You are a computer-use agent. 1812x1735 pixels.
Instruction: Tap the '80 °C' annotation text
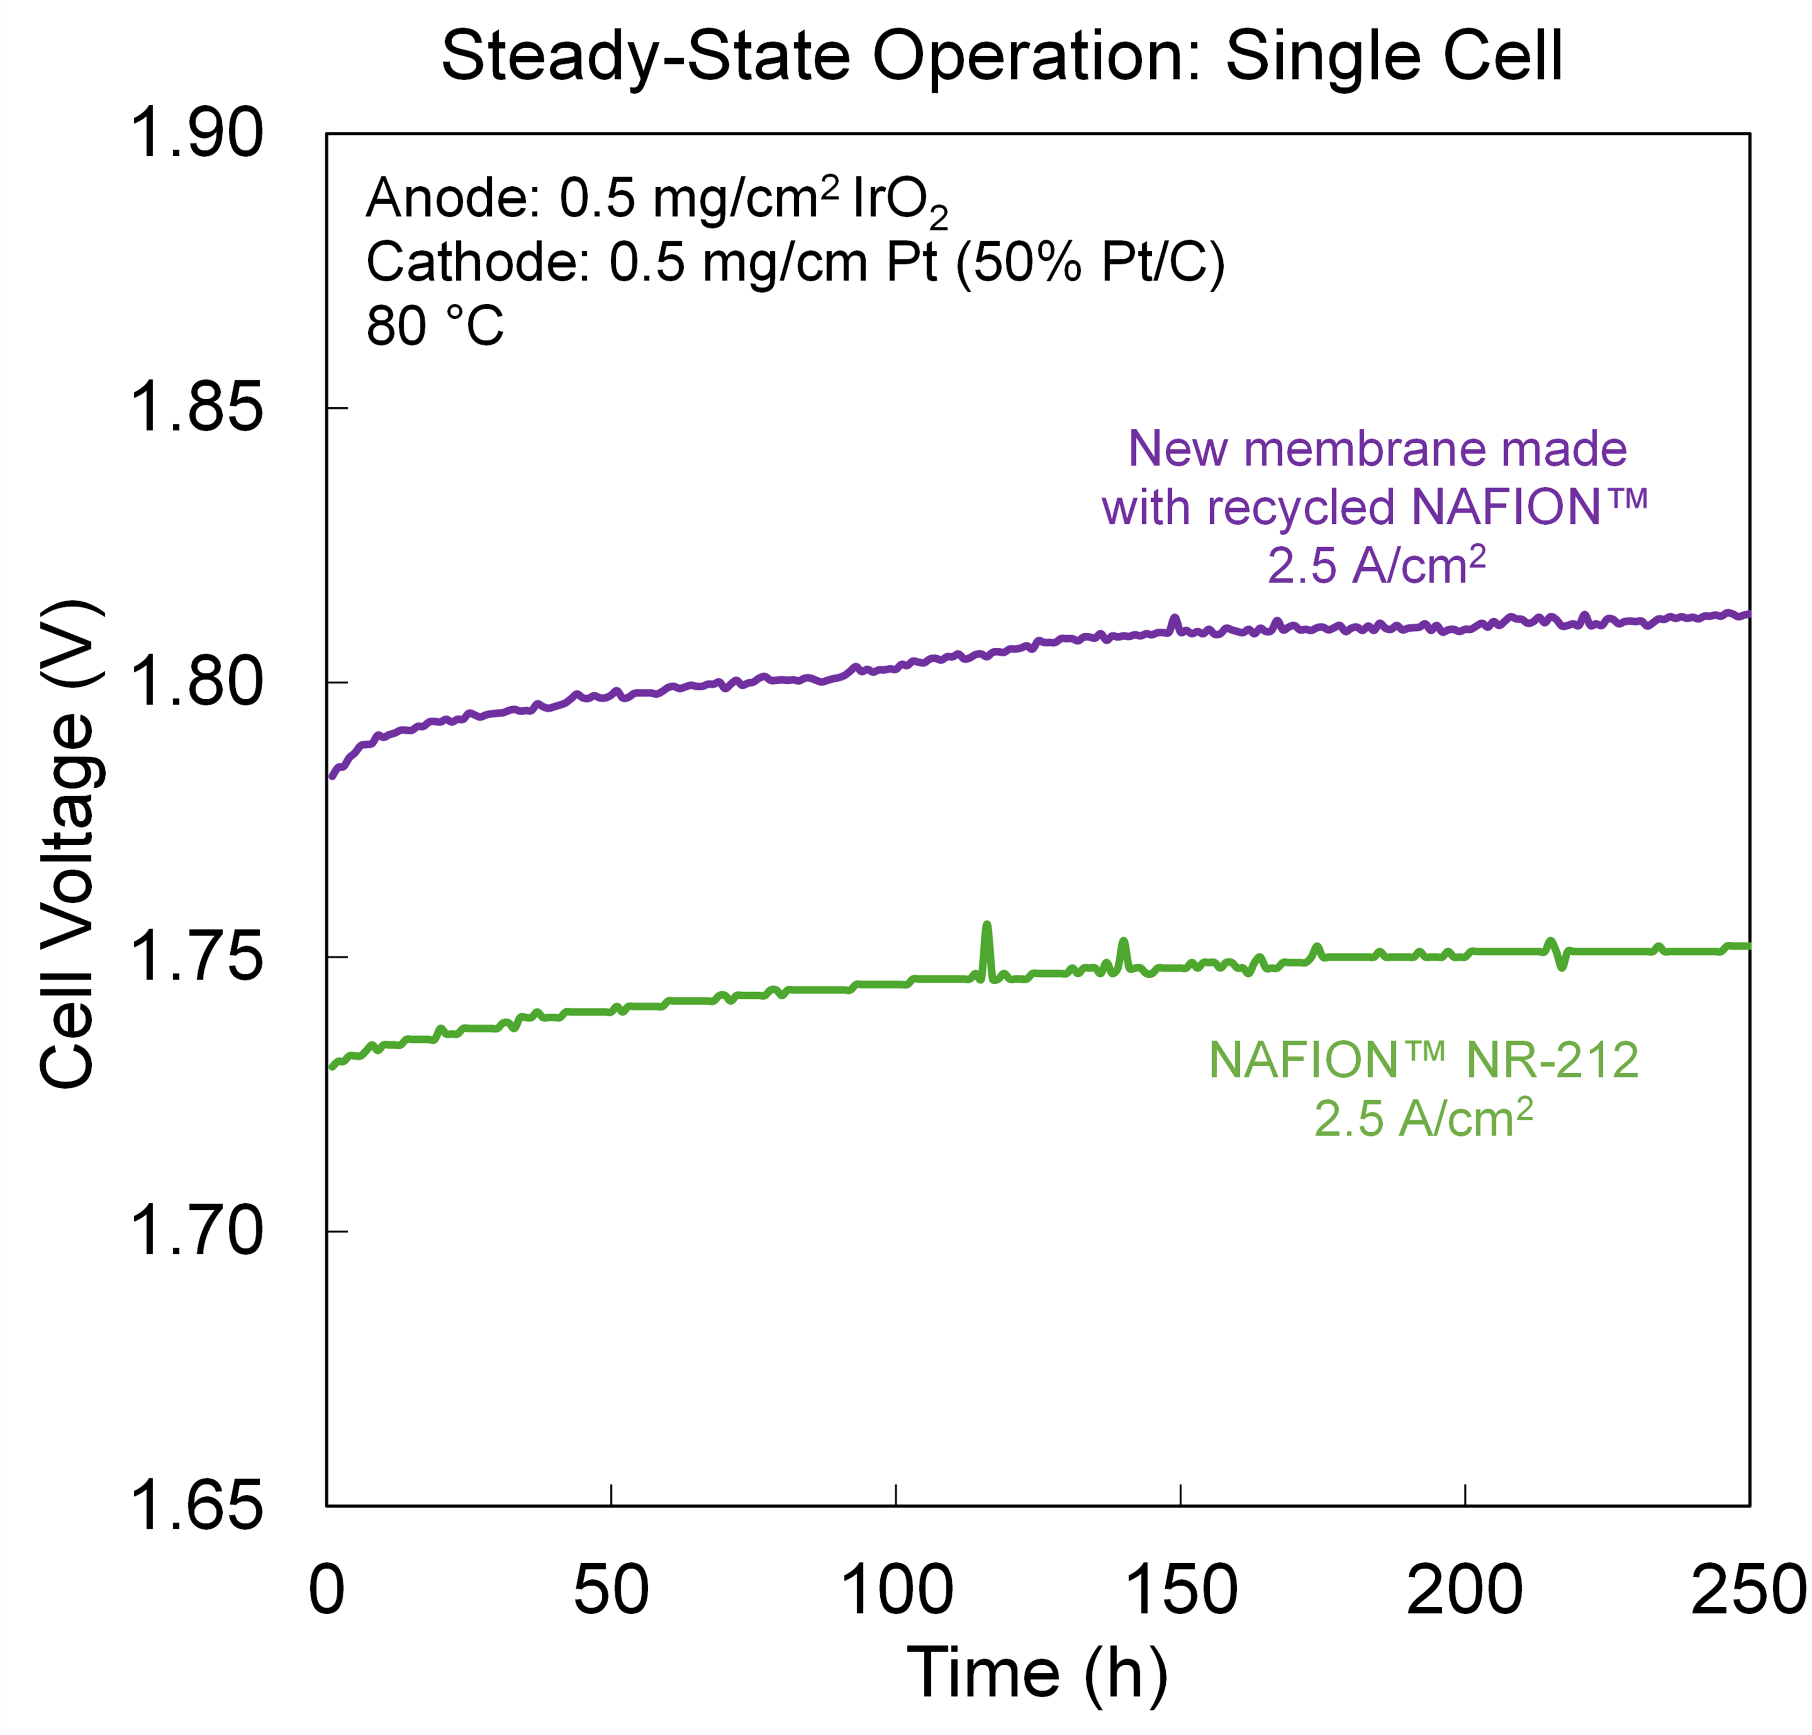pyautogui.click(x=434, y=327)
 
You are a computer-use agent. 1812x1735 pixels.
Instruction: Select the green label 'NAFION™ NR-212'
pyautogui.click(x=1424, y=1060)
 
